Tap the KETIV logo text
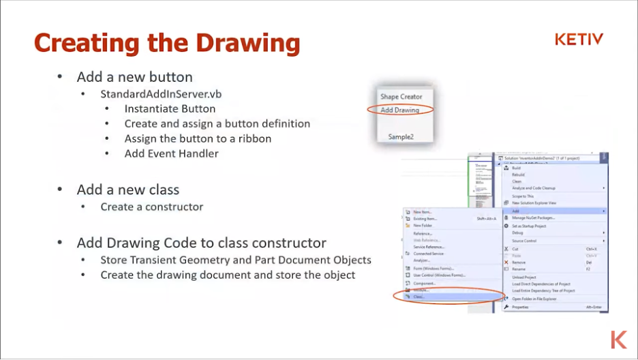(579, 40)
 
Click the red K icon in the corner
(618, 339)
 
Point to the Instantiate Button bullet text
(170, 108)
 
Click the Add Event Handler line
(171, 153)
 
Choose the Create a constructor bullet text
(152, 207)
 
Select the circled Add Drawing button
(399, 110)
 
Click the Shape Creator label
(401, 97)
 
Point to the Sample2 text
(401, 136)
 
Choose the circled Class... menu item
(419, 297)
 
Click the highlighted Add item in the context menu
(516, 211)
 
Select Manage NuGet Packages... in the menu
(533, 218)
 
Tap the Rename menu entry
(519, 269)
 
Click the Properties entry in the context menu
(520, 307)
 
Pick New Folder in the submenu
(423, 225)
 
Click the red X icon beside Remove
(506, 262)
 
